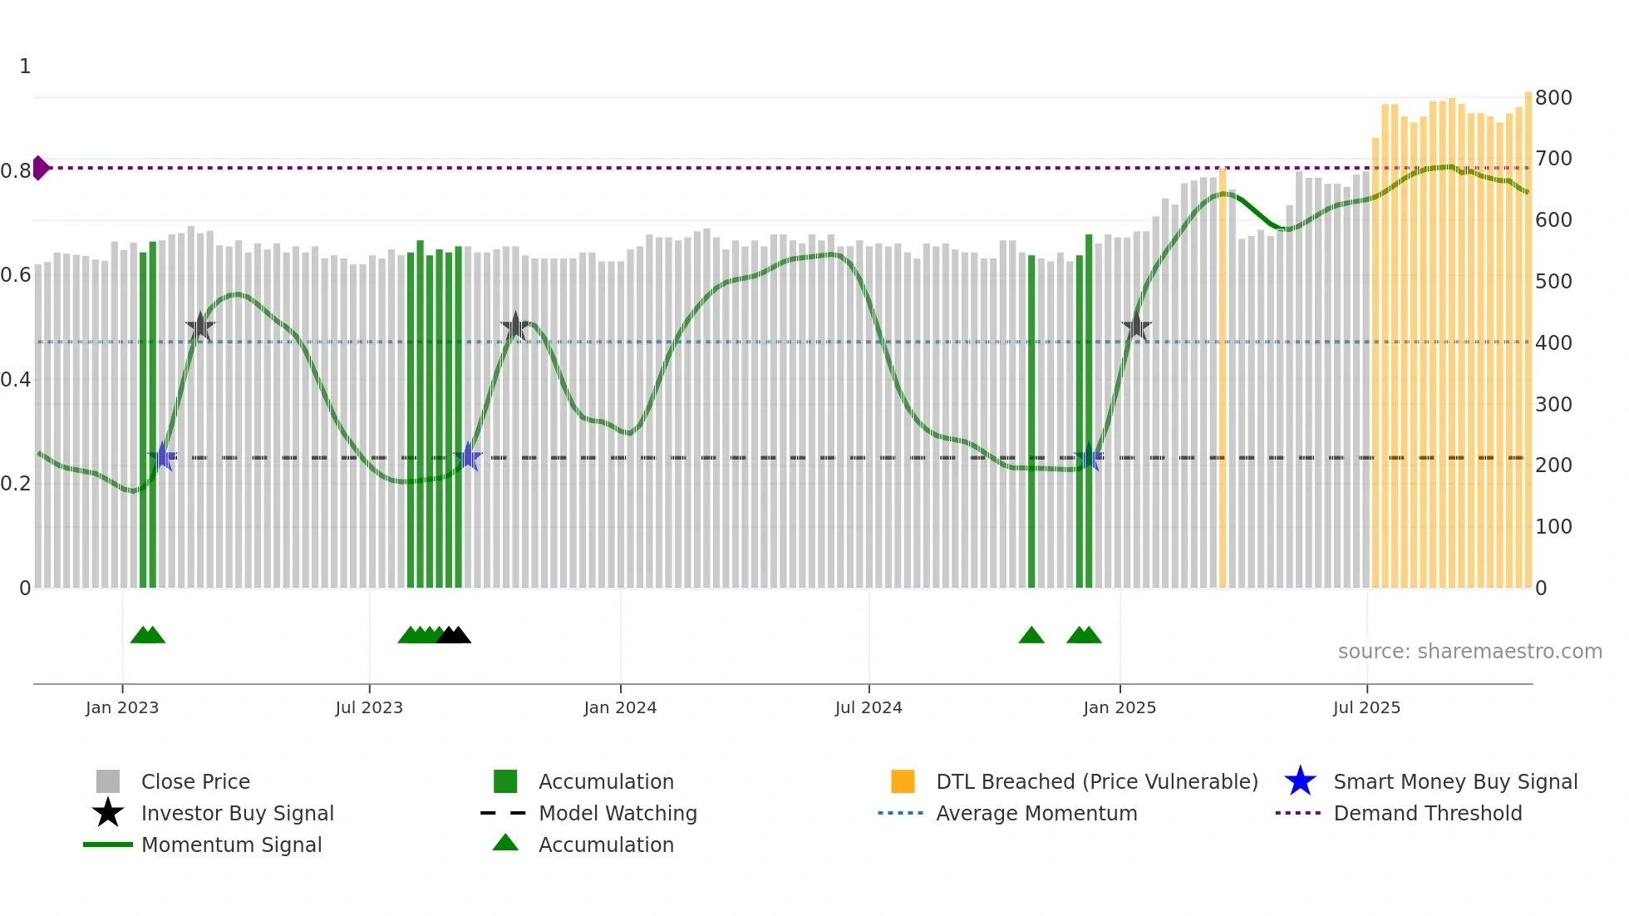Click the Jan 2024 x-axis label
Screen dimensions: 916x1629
[620, 707]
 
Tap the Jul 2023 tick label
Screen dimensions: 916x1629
[369, 707]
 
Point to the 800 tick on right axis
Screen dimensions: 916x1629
[1553, 98]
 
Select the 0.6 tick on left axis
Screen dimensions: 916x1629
[16, 275]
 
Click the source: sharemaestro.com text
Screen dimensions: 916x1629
[1469, 652]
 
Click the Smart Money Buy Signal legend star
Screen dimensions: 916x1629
[1300, 781]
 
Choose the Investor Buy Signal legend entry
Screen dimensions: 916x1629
[237, 813]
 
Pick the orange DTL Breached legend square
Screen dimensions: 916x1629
[903, 781]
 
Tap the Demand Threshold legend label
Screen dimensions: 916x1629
[1427, 813]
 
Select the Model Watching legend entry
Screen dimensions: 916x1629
[617, 813]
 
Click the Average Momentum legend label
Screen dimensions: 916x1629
[1036, 813]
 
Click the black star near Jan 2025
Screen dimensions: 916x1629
[1136, 327]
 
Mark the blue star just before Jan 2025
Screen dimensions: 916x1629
[1089, 457]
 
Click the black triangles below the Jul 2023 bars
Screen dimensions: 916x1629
[453, 636]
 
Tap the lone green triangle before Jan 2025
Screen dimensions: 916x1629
[1031, 636]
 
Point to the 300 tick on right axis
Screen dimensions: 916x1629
[1553, 405]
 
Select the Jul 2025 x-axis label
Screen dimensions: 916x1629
[1366, 707]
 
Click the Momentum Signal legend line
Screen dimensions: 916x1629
[108, 845]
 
